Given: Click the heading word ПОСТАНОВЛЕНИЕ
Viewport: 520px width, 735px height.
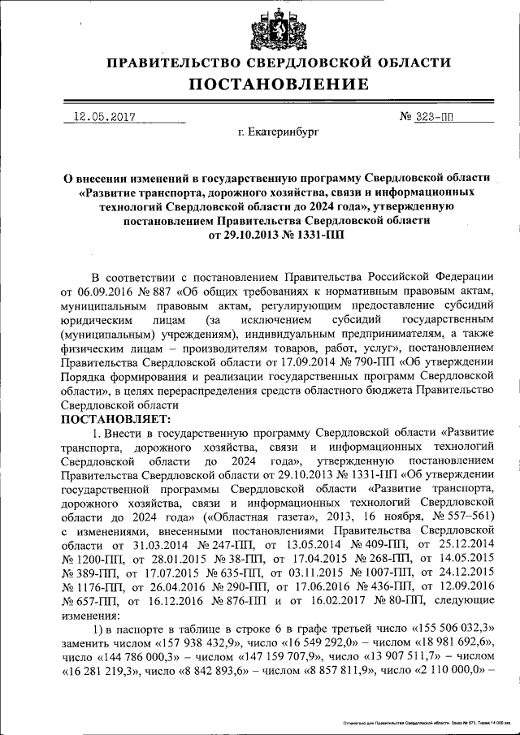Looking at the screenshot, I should tap(279, 84).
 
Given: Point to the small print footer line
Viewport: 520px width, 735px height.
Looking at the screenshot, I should tap(425, 721).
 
